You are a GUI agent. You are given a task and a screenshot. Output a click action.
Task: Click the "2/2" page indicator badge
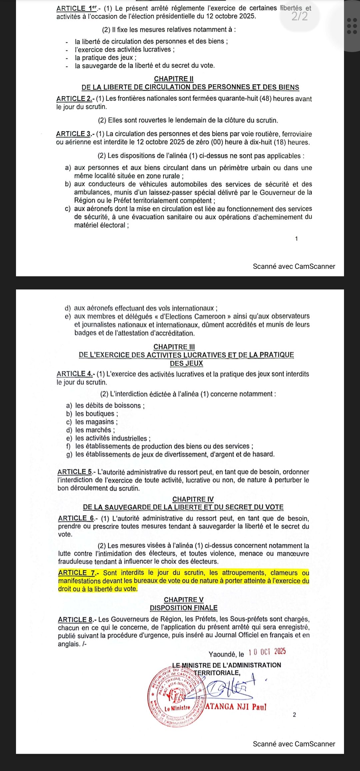[300, 16]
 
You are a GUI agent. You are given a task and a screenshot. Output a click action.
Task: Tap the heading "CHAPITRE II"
[174, 79]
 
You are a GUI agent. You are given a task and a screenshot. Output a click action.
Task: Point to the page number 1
[296, 238]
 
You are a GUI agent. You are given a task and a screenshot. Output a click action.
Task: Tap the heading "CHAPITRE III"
[174, 347]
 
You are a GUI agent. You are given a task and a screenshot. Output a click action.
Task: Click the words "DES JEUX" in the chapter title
[186, 363]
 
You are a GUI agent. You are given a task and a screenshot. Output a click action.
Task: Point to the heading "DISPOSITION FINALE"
[184, 608]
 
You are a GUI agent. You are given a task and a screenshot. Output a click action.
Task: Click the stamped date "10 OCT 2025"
[267, 652]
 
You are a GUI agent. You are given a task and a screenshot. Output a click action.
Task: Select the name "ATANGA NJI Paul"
[236, 706]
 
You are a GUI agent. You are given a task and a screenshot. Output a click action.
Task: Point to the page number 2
[294, 715]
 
